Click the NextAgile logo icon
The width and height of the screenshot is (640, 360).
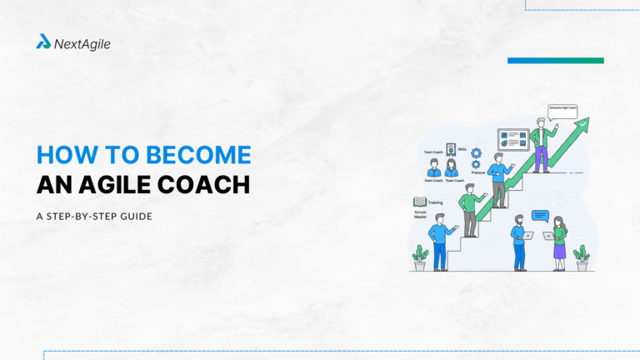coord(43,42)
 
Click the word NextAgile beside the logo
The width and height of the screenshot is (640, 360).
coord(82,42)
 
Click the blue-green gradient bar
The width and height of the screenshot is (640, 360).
coord(555,60)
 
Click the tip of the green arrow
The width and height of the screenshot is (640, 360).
coord(585,122)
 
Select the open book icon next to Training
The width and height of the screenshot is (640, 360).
coord(420,202)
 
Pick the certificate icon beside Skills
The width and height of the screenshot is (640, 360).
coord(451,149)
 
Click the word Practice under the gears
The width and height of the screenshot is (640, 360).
coord(477,172)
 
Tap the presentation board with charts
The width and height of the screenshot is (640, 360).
coord(513,138)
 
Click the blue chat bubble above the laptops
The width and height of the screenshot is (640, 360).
coord(540,215)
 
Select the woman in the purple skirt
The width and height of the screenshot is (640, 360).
coord(559,242)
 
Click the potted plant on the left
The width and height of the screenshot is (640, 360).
coord(420,257)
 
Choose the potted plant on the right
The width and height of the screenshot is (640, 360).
coord(582,257)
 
